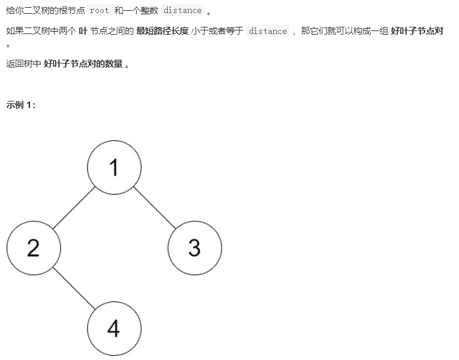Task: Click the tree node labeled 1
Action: (114, 168)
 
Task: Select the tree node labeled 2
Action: (33, 247)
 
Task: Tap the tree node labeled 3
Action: (195, 247)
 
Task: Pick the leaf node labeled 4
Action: (114, 328)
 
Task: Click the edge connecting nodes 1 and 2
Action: (73, 208)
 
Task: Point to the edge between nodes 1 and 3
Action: (154, 208)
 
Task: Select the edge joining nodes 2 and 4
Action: (73, 287)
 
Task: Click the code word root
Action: (99, 11)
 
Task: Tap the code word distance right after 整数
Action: (182, 11)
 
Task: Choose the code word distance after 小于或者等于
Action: (267, 31)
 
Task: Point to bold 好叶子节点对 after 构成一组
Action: (417, 31)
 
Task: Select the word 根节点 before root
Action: (72, 11)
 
